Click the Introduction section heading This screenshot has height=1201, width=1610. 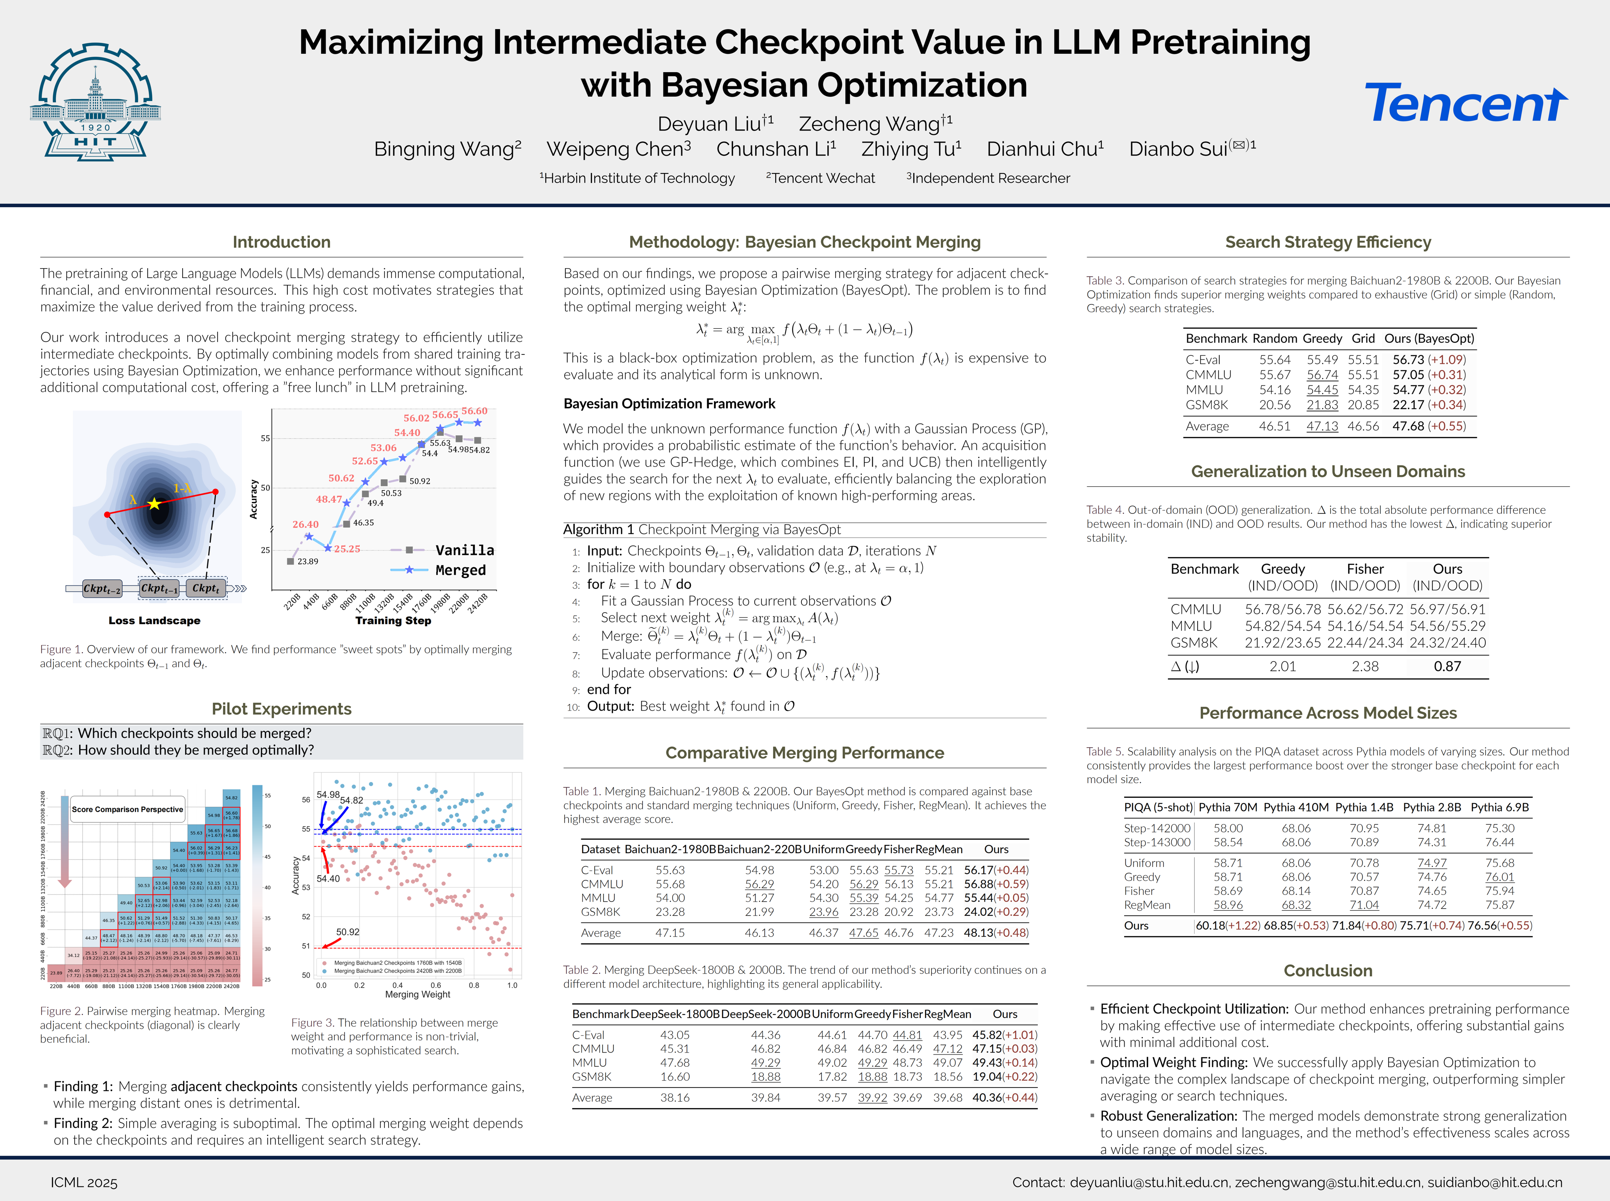281,242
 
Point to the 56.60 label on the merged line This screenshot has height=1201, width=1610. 475,411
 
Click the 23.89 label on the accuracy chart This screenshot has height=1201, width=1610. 307,561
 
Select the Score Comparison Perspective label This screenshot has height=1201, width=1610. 127,809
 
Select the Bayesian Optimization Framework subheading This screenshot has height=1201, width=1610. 669,404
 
